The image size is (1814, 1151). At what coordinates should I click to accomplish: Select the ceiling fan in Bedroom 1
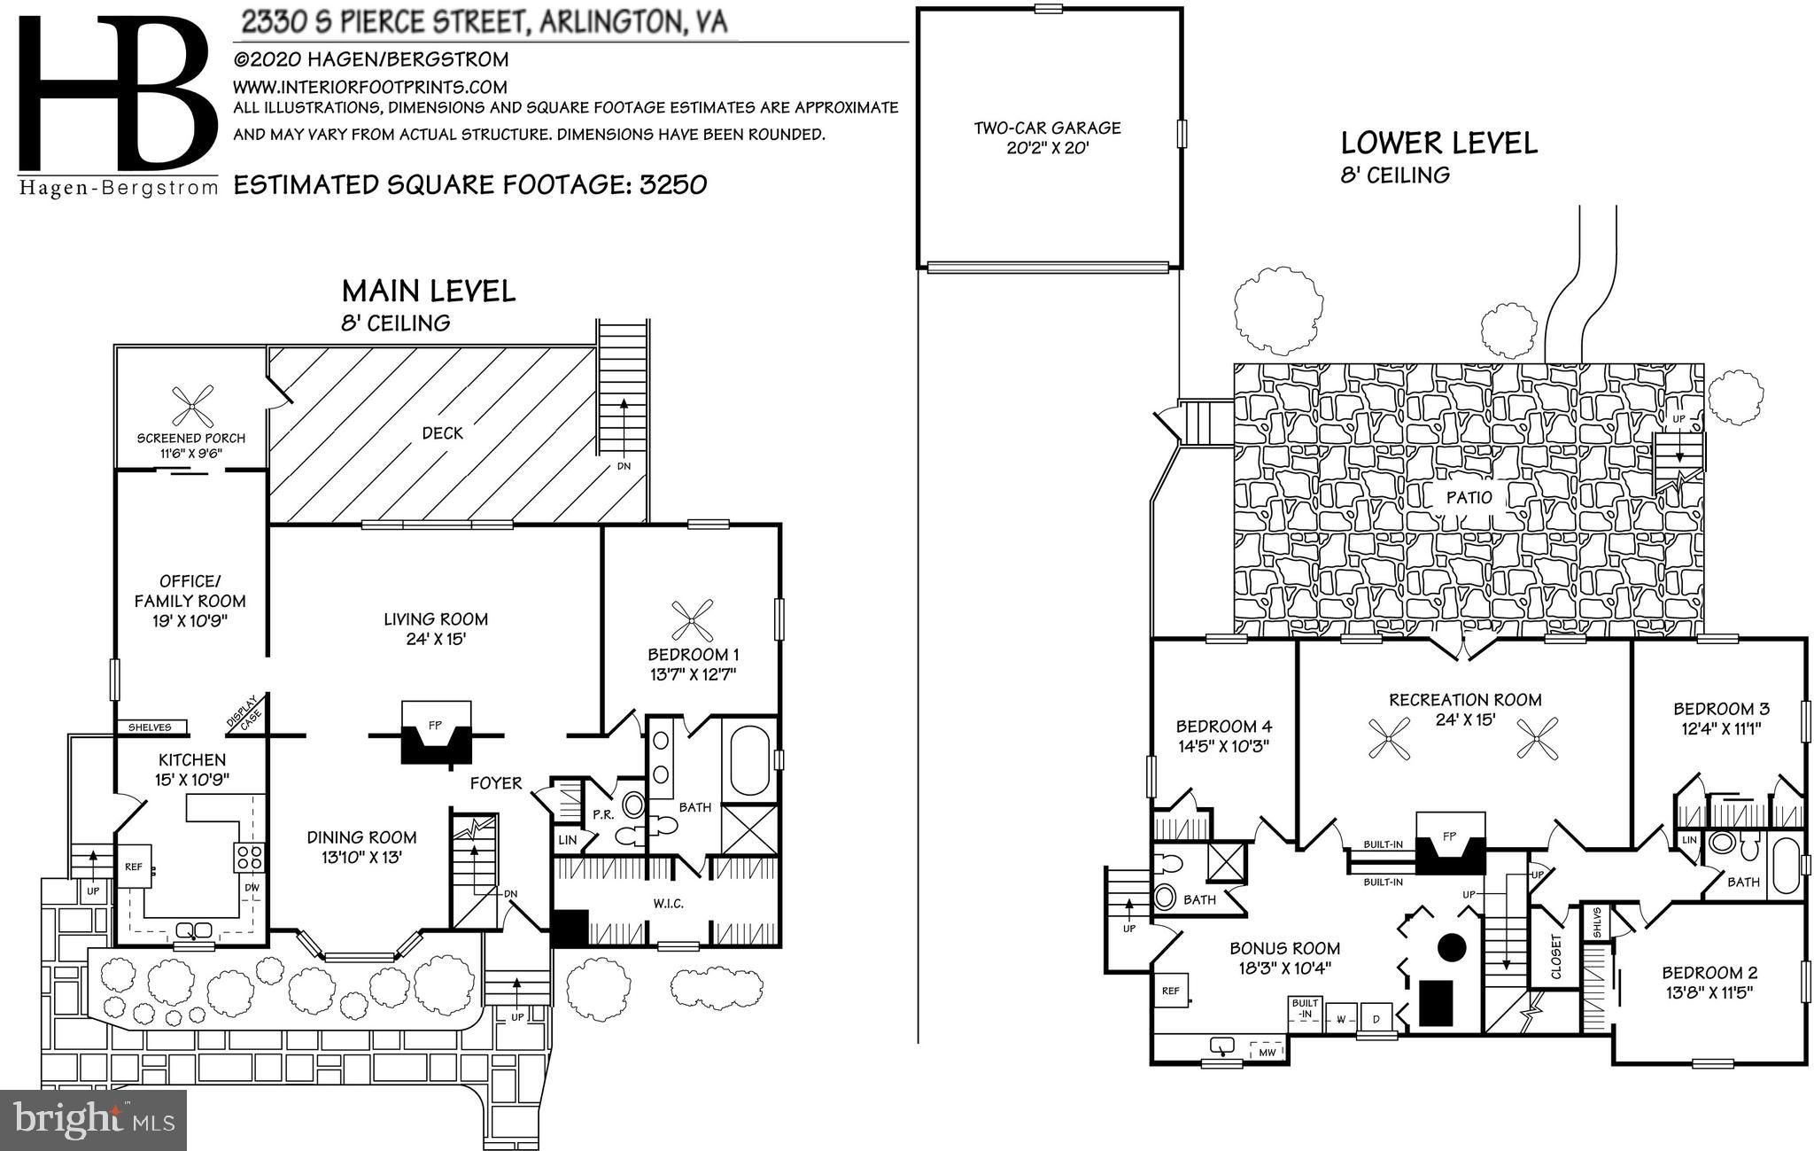[x=692, y=620]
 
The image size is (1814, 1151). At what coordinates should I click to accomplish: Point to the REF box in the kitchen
[x=134, y=867]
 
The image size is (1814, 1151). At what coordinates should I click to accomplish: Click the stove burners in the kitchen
[x=249, y=857]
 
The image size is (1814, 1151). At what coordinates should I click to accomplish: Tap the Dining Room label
[x=361, y=837]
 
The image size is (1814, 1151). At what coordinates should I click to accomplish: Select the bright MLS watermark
[x=93, y=1120]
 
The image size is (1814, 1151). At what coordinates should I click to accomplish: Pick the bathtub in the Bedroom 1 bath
[x=749, y=760]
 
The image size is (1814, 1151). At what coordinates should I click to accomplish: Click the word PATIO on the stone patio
[x=1469, y=498]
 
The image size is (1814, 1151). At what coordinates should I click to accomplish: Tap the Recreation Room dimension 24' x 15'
[x=1465, y=719]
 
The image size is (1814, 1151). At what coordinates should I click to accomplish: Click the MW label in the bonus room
[x=1267, y=1053]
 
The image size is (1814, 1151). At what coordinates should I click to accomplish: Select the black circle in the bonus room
[x=1452, y=947]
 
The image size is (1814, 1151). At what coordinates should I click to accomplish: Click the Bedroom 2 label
[x=1709, y=972]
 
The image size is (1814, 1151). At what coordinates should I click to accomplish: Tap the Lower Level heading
[x=1438, y=143]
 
